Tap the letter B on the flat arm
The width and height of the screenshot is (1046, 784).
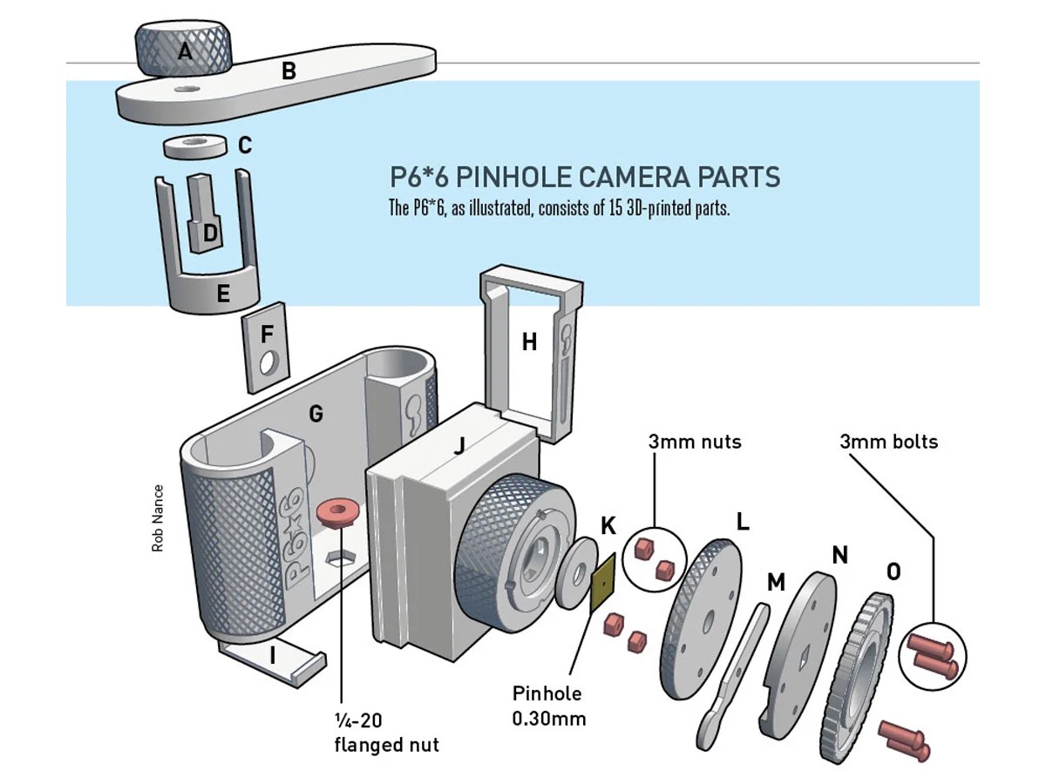pyautogui.click(x=289, y=72)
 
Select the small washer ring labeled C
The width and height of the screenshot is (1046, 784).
pyautogui.click(x=194, y=145)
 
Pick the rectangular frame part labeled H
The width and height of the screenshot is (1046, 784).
pyautogui.click(x=529, y=342)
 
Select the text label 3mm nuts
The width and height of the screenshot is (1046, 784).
pyautogui.click(x=694, y=442)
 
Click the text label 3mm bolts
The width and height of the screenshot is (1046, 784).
pyautogui.click(x=888, y=442)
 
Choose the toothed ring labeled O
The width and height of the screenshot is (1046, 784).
pyautogui.click(x=859, y=675)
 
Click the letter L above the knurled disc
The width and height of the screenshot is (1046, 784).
pyautogui.click(x=742, y=522)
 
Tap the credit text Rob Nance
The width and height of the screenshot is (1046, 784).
pyautogui.click(x=158, y=517)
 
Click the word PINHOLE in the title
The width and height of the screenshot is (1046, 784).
pyautogui.click(x=514, y=178)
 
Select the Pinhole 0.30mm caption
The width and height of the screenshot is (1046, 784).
pyautogui.click(x=547, y=706)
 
